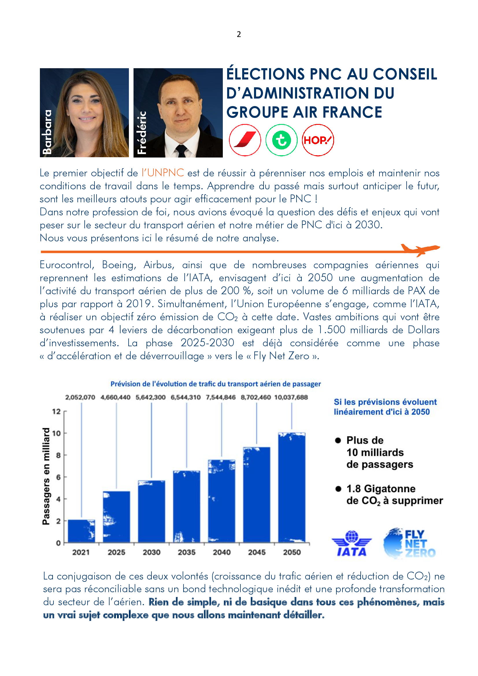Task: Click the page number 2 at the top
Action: pos(239,34)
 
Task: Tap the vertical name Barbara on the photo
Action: pos(47,132)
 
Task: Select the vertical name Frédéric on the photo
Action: pos(142,132)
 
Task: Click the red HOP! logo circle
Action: pos(318,140)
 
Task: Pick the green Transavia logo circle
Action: pos(281,140)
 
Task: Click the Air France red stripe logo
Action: pos(245,140)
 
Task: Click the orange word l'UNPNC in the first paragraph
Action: pos(162,173)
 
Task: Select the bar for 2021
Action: pos(81,531)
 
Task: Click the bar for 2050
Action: pos(292,488)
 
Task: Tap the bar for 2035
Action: pos(187,506)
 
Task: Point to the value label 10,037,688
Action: pos(291,397)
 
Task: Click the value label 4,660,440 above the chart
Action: pos(115,397)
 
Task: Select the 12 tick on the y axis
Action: pos(56,411)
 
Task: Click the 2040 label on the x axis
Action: pos(222,552)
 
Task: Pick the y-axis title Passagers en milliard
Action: pos(46,476)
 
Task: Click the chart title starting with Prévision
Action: pos(216,384)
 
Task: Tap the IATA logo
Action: pos(352,544)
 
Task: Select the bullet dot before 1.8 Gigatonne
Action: pos(338,489)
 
